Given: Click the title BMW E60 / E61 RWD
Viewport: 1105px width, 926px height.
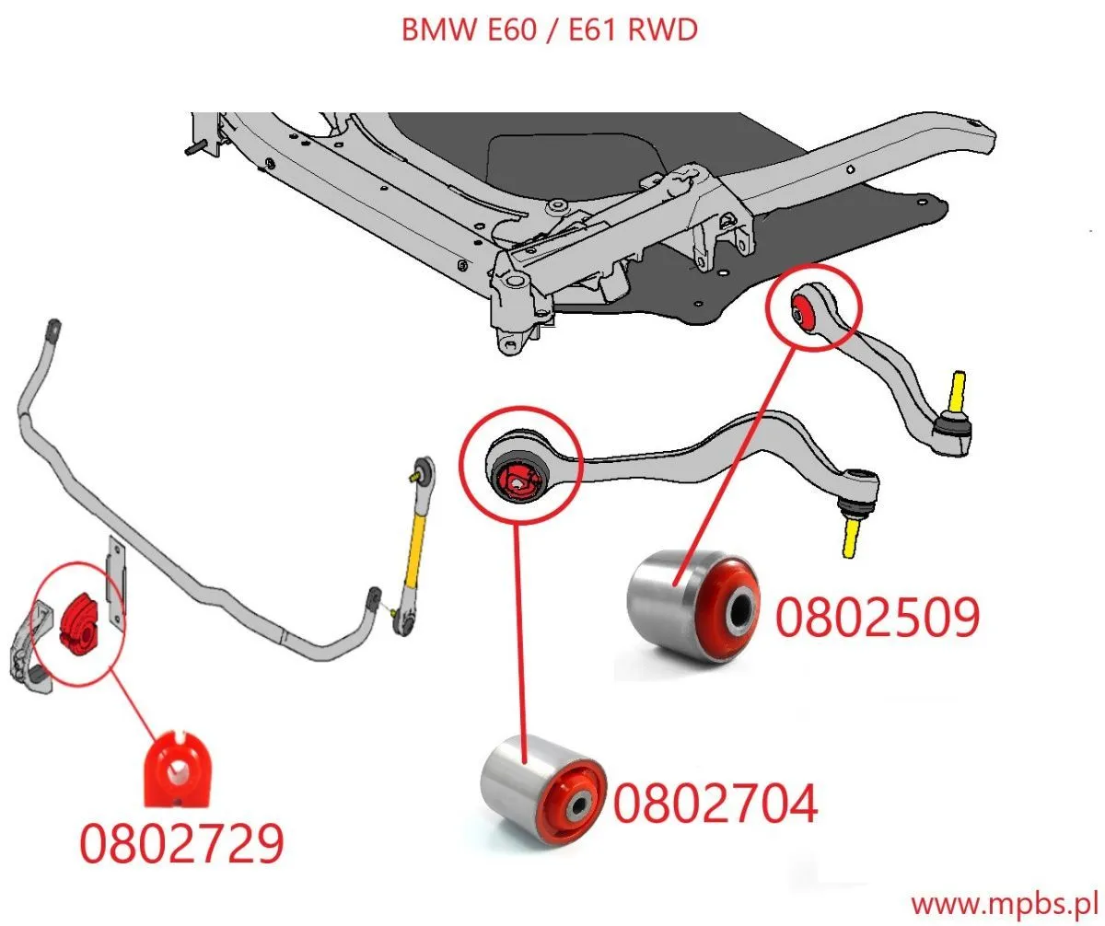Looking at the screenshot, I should pyautogui.click(x=549, y=29).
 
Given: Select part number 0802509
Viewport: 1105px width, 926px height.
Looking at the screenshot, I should pyautogui.click(x=876, y=616).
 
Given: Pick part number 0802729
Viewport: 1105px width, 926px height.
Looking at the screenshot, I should pyautogui.click(x=180, y=843).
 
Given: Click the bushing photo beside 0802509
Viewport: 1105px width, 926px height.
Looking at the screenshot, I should pyautogui.click(x=693, y=604).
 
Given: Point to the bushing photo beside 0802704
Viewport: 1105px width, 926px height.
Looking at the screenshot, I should pyautogui.click(x=543, y=789).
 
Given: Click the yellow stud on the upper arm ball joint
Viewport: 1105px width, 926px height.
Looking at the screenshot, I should pyautogui.click(x=958, y=388).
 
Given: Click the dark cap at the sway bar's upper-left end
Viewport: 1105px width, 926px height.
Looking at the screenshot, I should pyautogui.click(x=53, y=329).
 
